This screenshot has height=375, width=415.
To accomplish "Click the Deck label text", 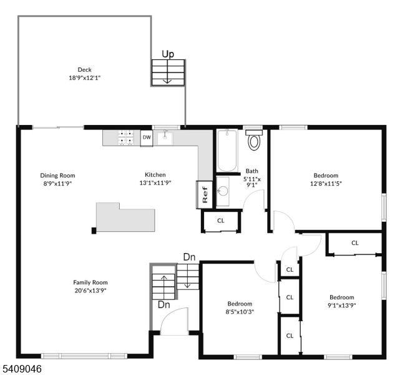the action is pos(85,70).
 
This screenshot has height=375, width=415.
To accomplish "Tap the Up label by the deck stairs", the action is pos(168,54).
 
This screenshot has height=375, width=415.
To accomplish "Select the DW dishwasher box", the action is pos(147,137).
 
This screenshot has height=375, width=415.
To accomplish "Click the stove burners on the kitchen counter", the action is pos(125,137).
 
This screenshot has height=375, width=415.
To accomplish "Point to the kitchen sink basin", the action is pos(165,138).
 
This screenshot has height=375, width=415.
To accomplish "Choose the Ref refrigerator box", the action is pos(204,194).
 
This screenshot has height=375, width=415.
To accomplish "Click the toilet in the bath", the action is pos(254,139).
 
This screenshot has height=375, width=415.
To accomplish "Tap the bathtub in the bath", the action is pos(227,150).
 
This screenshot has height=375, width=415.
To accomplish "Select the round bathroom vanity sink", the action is pos(223,191).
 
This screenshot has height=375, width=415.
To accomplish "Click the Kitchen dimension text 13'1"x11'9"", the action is pos(155,183).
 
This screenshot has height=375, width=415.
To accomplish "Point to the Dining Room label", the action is pos(57,176).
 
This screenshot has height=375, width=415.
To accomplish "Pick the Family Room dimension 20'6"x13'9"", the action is pos(90,291).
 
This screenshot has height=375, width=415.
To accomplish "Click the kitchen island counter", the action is pos(125,217).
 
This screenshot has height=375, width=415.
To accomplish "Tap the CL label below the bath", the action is pos(221,221).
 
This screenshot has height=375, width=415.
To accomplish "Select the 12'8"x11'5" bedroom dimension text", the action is pos(326,183).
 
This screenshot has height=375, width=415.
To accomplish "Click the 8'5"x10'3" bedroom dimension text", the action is pos(240,312).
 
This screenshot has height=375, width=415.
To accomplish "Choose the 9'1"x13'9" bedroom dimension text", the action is pos(342,305).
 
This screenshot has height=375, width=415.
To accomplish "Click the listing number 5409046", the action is pos(22,369).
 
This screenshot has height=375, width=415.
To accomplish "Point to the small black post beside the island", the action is pos(94,231).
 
